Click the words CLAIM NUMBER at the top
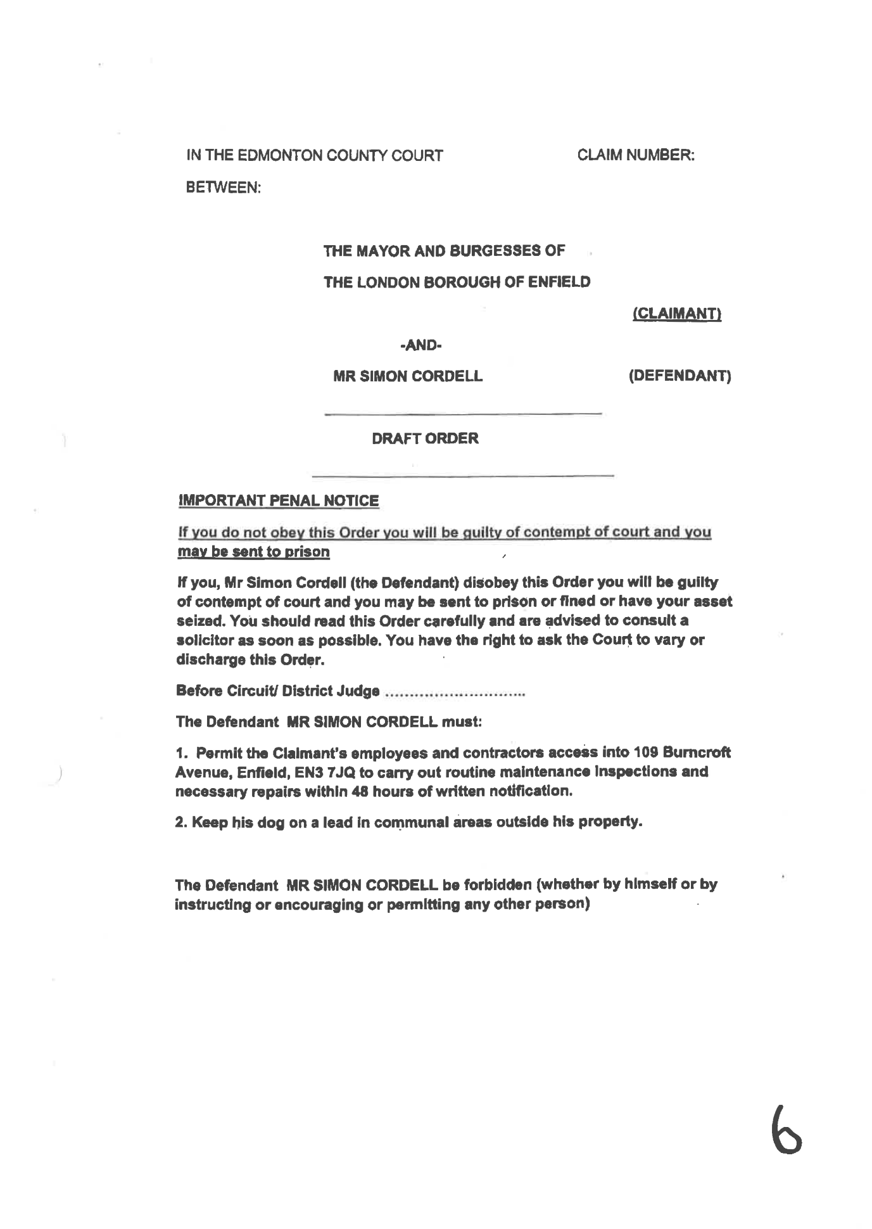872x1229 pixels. coord(635,155)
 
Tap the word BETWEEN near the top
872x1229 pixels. coord(223,188)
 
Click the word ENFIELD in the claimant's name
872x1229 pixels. coord(559,282)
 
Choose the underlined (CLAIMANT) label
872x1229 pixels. coord(677,314)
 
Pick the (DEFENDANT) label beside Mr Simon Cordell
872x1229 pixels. coord(679,376)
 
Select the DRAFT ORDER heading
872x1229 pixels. coord(425,438)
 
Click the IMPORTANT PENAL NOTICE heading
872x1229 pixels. coord(279,501)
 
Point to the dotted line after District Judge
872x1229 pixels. coord(455,692)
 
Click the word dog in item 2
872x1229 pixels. coord(269,823)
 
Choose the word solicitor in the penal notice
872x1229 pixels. coord(202,640)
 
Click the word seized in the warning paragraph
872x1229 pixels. coord(196,620)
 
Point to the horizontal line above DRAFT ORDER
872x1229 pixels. coord(462,415)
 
